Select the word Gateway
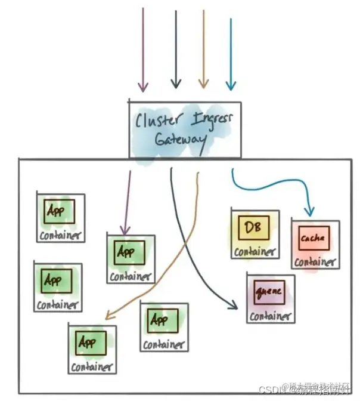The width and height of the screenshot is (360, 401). [181, 140]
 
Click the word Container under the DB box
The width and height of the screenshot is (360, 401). [255, 251]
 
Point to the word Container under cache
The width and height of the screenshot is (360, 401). [315, 261]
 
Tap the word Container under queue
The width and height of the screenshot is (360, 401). [271, 316]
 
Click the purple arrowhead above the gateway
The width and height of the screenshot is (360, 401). [142, 87]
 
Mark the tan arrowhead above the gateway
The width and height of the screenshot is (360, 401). [203, 87]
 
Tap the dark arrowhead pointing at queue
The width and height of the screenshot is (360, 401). [234, 307]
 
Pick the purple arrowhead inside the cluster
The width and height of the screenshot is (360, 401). [125, 230]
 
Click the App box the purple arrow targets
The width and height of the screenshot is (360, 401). [125, 251]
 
